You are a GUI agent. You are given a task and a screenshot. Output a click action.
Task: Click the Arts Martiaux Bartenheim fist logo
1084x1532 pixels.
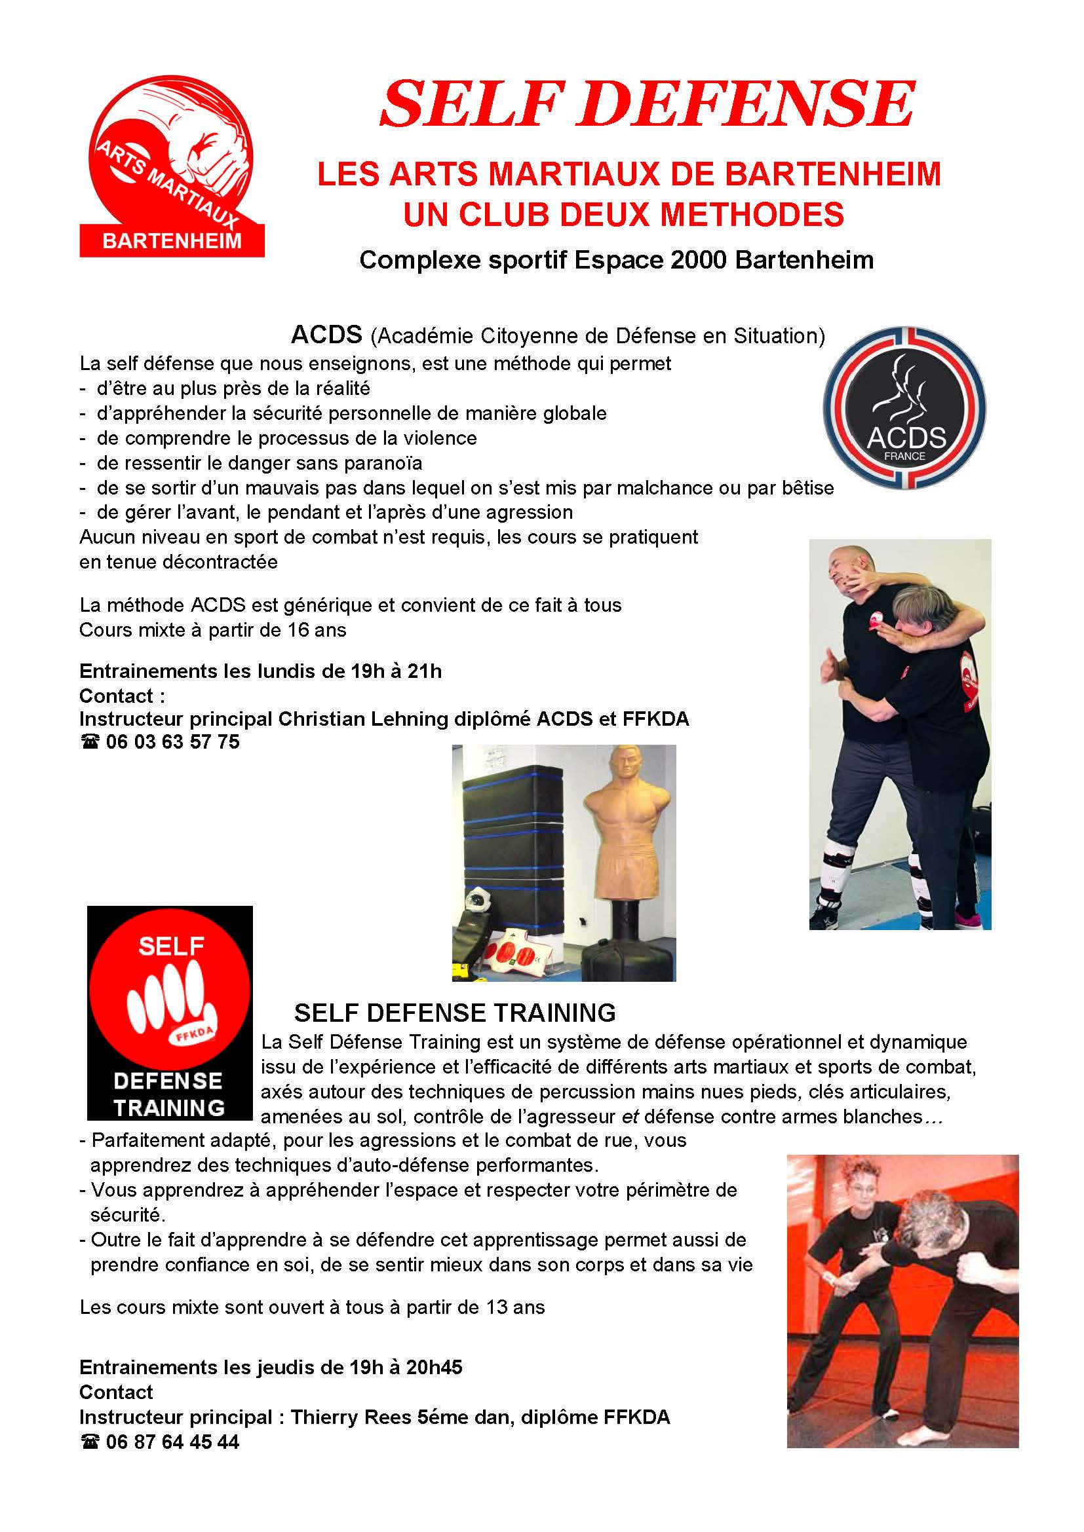tap(172, 166)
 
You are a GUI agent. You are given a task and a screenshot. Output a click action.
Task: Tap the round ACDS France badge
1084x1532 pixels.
tap(904, 408)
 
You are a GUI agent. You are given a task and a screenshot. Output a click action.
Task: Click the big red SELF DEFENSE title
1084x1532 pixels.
tap(647, 104)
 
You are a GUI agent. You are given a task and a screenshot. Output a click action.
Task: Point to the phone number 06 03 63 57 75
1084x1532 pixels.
tap(172, 742)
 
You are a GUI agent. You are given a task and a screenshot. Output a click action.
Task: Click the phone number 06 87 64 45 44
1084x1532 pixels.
tap(172, 1442)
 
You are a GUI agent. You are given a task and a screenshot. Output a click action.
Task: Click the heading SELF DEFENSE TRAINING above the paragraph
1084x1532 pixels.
tap(455, 1013)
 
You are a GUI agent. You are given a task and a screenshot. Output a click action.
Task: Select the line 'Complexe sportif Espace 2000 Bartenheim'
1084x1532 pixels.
tap(616, 259)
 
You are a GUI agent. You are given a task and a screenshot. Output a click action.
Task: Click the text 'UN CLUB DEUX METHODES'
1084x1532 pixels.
tap(623, 215)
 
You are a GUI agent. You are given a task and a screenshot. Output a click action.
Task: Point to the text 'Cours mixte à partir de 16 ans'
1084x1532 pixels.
tap(212, 630)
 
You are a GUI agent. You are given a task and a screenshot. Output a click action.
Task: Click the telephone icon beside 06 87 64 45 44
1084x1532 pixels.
tap(89, 1442)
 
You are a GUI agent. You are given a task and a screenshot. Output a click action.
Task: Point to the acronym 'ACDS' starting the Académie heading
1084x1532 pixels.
tap(326, 334)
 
